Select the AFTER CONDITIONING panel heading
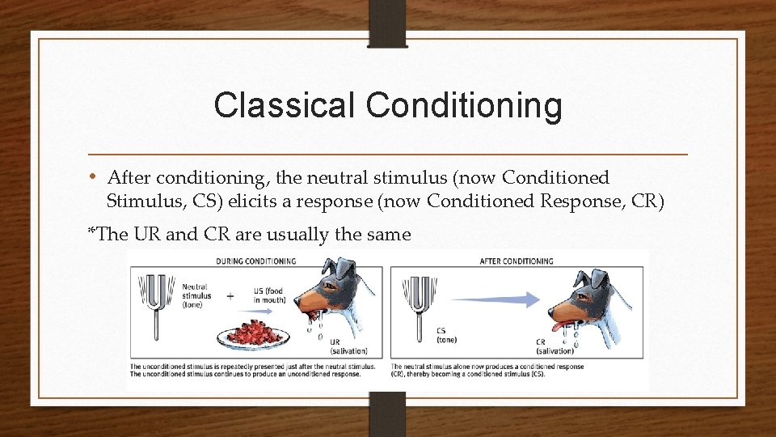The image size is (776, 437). [x=517, y=261]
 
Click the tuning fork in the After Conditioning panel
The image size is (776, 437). [x=417, y=304]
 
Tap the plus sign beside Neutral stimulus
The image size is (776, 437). [x=230, y=296]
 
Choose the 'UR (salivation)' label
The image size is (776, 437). [x=348, y=346]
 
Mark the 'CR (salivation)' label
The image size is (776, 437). [x=554, y=346]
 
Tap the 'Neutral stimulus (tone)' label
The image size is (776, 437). [x=196, y=295]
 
